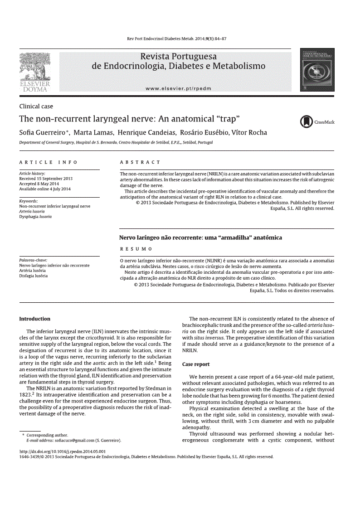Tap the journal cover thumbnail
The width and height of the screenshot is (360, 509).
[x=317, y=70]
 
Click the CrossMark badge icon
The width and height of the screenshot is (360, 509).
[x=307, y=121]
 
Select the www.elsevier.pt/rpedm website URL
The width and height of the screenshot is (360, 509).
[x=179, y=88]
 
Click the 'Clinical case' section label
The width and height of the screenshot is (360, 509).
[x=36, y=107]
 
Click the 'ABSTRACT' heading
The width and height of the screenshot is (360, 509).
[x=140, y=162]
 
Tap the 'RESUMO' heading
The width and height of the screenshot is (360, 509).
[x=136, y=249]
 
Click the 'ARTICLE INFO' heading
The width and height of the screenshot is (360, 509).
[x=48, y=162]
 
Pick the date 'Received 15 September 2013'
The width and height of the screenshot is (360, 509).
[x=46, y=179]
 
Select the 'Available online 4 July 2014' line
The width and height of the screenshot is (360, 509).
[x=45, y=189]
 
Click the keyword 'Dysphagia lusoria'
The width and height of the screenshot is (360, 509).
[x=35, y=217]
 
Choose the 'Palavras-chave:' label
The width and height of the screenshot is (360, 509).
[x=33, y=260]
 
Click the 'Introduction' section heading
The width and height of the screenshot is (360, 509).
[x=34, y=319]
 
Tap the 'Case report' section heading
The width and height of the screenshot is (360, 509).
[x=196, y=364]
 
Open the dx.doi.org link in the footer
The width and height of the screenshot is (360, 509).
[x=63, y=451]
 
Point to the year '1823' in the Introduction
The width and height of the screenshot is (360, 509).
[x=25, y=394]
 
